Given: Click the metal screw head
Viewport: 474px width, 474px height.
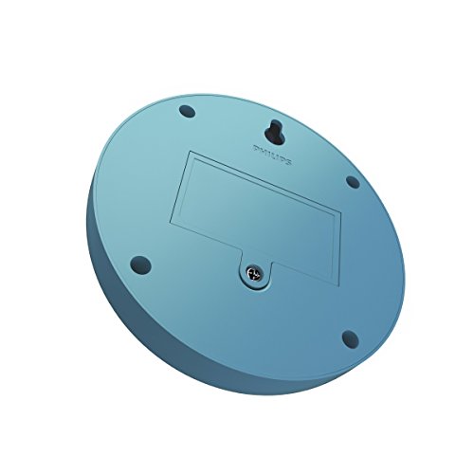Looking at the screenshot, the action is tap(255, 272).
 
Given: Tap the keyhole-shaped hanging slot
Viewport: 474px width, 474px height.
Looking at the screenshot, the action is tap(274, 130).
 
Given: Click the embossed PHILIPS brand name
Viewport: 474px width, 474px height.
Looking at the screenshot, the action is tap(272, 155).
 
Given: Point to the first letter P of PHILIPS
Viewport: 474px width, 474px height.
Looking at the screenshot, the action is tap(256, 148).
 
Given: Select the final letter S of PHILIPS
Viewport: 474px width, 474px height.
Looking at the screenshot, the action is tap(287, 162).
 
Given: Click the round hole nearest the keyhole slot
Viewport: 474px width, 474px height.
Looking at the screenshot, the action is tap(187, 111).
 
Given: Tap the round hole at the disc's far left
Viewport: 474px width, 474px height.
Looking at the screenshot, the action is tap(140, 264).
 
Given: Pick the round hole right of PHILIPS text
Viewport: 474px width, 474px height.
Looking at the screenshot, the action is tap(353, 182).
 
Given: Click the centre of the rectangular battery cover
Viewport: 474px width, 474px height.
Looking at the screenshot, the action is tap(255, 212).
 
